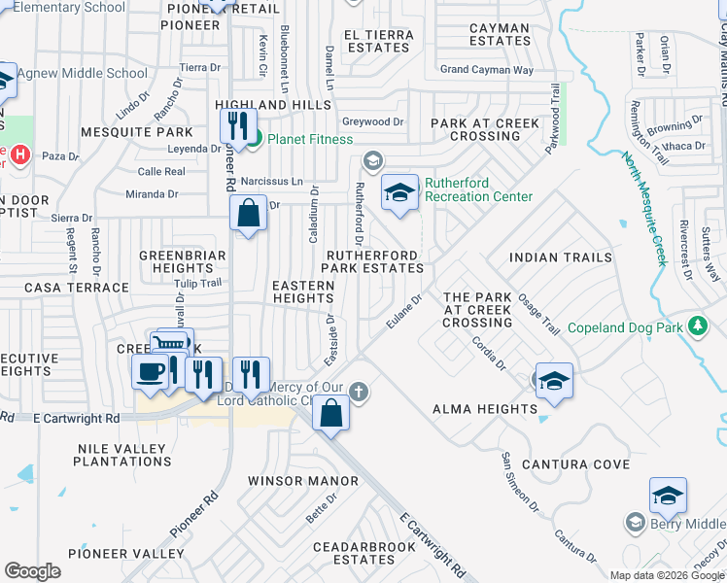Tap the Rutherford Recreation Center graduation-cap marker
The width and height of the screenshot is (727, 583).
[x=399, y=192]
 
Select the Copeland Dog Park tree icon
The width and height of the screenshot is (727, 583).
[x=696, y=326]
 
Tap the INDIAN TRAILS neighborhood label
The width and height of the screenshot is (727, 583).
[x=561, y=257]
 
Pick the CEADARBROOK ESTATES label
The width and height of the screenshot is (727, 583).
[x=353, y=553]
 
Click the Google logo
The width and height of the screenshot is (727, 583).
[x=32, y=571]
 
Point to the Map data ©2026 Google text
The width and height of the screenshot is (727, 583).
[x=668, y=575]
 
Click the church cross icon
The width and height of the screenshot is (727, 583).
[x=359, y=391]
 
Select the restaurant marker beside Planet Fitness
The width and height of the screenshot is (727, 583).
[x=237, y=126]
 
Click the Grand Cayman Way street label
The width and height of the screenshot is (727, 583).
[x=487, y=70]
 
